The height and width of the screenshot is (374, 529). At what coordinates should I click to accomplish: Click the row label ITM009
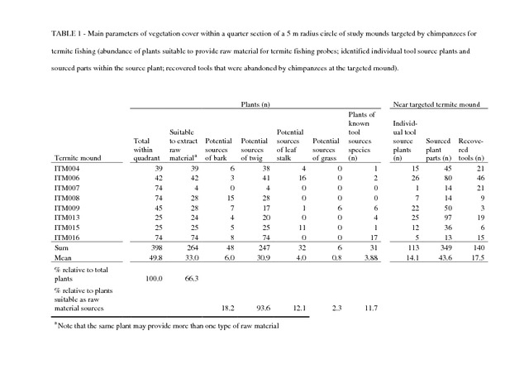(x=67, y=208)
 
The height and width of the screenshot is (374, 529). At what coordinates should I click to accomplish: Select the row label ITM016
(x=67, y=237)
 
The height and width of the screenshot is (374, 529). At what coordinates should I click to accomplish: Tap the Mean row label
(x=63, y=258)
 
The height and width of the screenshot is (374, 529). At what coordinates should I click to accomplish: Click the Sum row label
(x=61, y=247)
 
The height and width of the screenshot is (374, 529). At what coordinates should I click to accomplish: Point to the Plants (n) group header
(x=255, y=104)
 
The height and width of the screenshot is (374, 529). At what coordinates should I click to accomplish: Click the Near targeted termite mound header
(x=436, y=104)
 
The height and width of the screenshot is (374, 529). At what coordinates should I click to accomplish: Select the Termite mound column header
(x=78, y=158)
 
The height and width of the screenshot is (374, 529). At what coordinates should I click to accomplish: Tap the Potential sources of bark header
(x=218, y=149)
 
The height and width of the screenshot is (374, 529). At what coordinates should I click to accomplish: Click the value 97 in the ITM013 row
(x=448, y=218)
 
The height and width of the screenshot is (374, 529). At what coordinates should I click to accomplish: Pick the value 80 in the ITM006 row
(x=448, y=178)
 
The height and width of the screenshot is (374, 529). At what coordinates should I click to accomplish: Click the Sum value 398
(x=157, y=247)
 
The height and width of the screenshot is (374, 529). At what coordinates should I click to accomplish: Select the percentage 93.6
(x=263, y=308)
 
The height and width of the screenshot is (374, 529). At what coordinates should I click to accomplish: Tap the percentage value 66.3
(x=192, y=278)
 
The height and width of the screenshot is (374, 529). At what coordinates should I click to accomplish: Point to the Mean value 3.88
(x=371, y=258)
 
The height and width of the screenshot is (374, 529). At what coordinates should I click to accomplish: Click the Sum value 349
(x=446, y=247)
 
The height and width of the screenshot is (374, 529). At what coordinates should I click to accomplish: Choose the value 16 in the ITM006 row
(x=303, y=178)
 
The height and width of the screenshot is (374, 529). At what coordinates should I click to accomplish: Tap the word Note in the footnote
(x=64, y=326)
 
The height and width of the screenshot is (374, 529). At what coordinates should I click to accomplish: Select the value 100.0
(x=154, y=278)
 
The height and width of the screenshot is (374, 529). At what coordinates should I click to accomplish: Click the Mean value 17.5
(x=478, y=258)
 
